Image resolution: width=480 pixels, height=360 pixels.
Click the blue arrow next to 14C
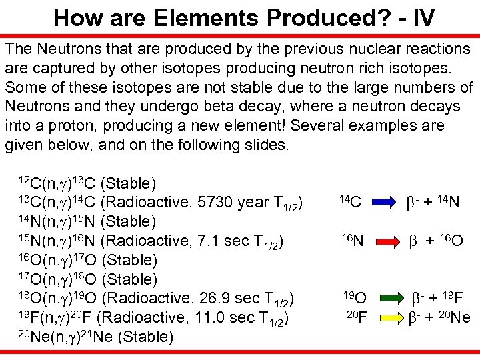click(x=383, y=199)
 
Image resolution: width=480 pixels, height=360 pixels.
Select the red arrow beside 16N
click(x=383, y=239)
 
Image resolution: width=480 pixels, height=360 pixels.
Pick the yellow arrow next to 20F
click(x=383, y=317)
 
